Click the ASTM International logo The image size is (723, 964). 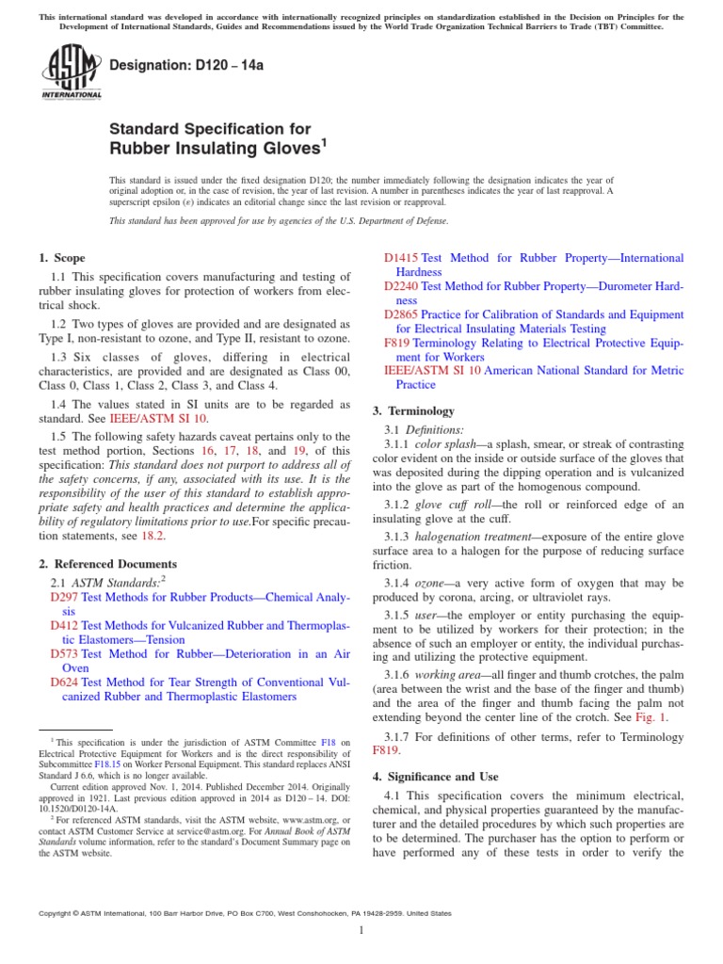[x=72, y=75]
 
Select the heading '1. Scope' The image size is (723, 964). [x=61, y=258]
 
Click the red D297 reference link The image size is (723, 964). [x=64, y=597]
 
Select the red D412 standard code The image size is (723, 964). [x=64, y=625]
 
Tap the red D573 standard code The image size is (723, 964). [x=64, y=653]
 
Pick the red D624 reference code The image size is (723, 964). [x=64, y=682]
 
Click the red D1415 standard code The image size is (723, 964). [x=402, y=258]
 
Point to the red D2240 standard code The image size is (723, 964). [x=402, y=285]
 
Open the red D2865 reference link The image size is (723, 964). [x=402, y=313]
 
